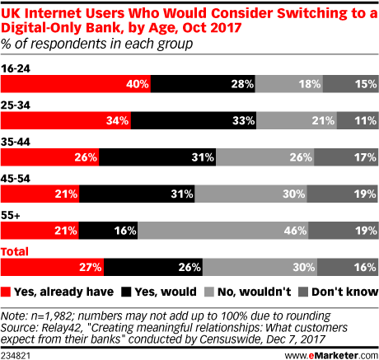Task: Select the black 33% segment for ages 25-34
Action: (192, 120)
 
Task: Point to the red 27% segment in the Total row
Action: (54, 267)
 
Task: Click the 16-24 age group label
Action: (16, 68)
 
